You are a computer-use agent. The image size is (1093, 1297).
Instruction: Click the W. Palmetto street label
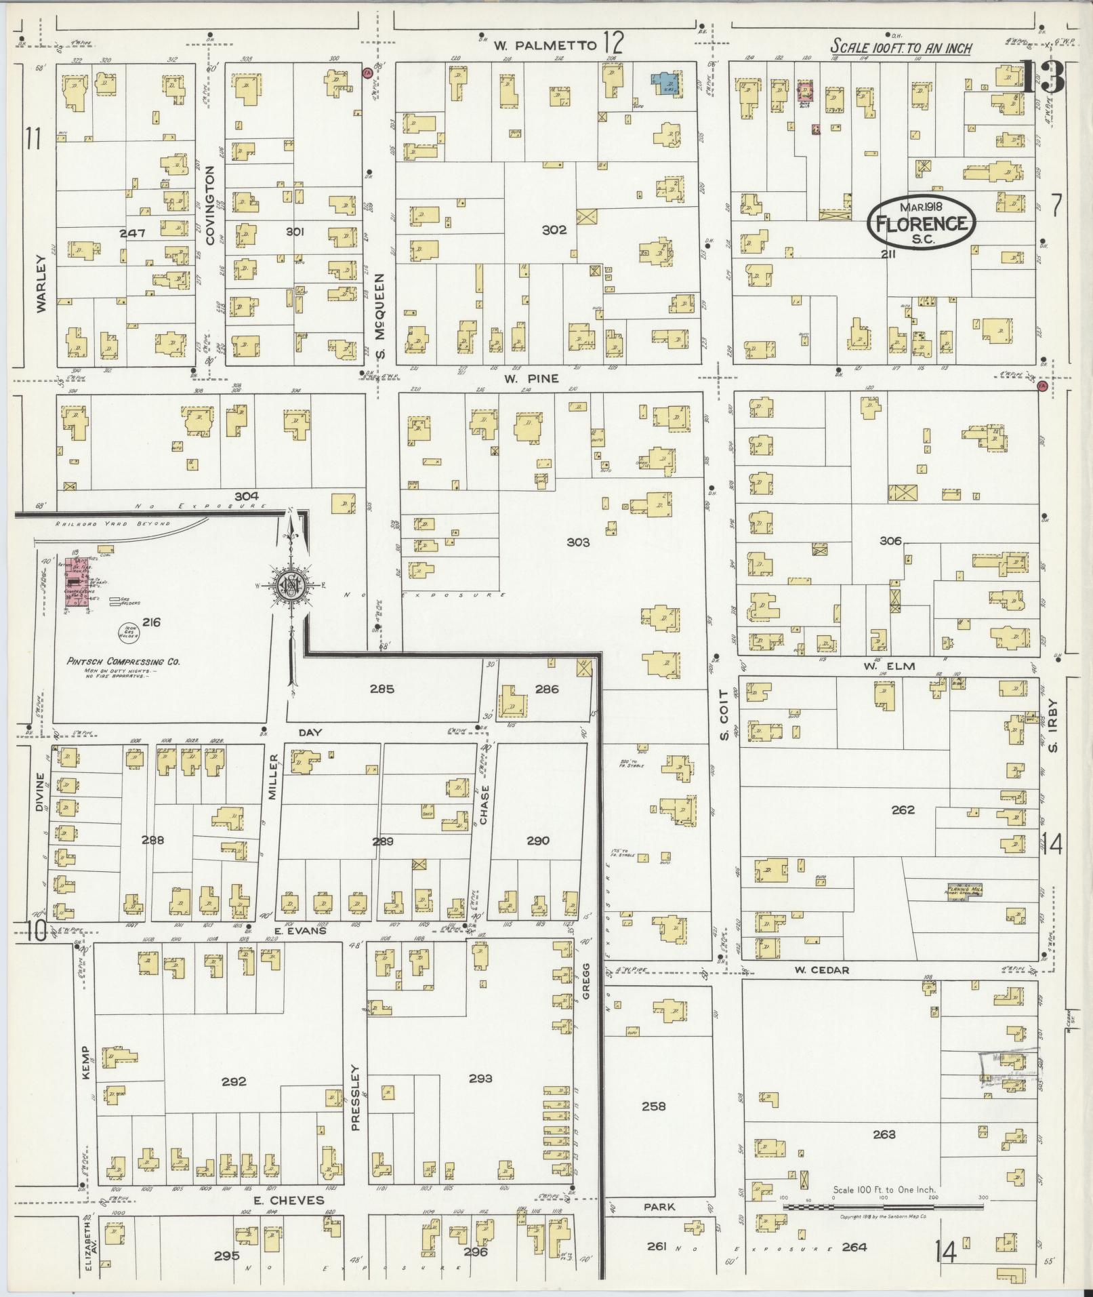click(x=545, y=45)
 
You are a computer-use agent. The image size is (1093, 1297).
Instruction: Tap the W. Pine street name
click(x=531, y=378)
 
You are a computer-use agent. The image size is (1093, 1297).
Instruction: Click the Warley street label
click(x=41, y=283)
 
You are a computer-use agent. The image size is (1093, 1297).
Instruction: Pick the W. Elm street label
click(x=880, y=666)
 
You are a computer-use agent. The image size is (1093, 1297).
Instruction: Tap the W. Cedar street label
click(x=821, y=970)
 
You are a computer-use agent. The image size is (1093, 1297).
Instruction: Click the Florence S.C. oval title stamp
click(x=922, y=221)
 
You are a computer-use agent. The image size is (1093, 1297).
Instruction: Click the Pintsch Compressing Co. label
click(x=123, y=662)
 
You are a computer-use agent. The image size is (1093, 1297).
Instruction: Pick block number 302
click(x=554, y=230)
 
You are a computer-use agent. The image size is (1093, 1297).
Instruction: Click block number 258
click(x=653, y=1106)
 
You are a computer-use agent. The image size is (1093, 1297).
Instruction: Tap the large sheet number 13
click(x=1042, y=78)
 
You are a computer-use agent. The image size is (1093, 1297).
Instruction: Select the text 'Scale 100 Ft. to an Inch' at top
click(x=901, y=47)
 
